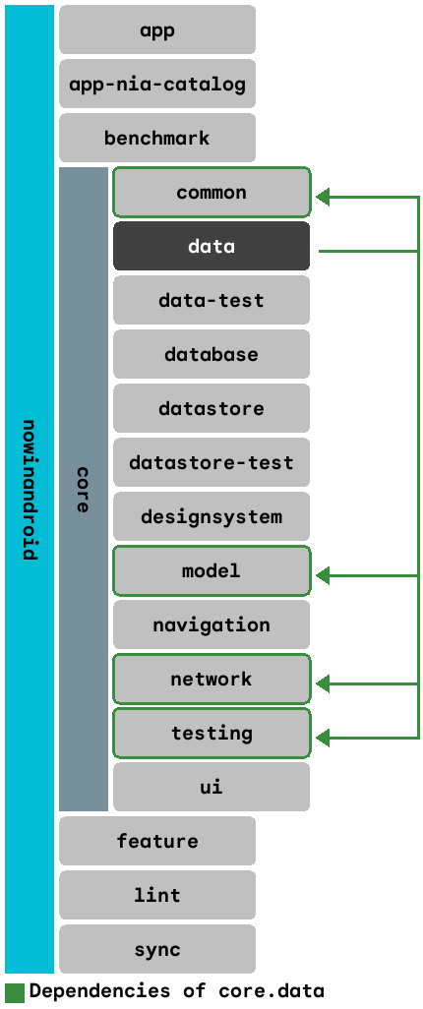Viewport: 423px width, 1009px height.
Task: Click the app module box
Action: point(157,30)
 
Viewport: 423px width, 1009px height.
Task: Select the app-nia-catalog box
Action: point(157,84)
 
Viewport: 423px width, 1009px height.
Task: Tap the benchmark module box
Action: point(157,138)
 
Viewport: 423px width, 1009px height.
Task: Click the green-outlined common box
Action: point(211,192)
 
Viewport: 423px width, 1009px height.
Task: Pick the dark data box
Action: point(211,246)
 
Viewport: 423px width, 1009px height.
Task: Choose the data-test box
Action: point(211,300)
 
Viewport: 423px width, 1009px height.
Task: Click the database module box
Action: point(211,354)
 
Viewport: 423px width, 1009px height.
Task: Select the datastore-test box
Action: point(211,462)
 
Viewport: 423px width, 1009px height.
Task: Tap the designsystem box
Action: point(211,516)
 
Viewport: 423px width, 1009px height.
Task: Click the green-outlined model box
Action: point(211,570)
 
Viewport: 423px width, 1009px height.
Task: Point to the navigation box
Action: point(211,624)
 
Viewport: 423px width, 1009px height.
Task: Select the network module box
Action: point(211,679)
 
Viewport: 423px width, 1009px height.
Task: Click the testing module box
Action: point(211,733)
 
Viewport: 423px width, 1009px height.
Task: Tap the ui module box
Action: point(211,787)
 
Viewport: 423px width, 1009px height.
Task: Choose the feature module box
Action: point(157,841)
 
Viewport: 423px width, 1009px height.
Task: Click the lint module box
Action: point(157,895)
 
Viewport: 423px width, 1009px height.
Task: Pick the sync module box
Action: point(157,949)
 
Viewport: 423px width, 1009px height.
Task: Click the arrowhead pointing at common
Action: point(323,198)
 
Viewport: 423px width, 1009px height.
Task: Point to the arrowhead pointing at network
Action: point(323,683)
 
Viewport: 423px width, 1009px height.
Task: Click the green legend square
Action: point(15,991)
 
